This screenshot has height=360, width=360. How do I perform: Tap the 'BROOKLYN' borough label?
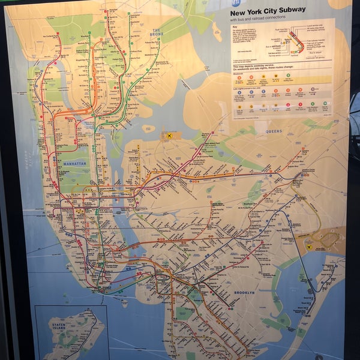[x=244, y=292]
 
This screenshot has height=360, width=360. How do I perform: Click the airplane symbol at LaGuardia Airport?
[x=170, y=136]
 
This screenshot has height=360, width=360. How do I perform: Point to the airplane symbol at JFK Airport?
[x=311, y=247]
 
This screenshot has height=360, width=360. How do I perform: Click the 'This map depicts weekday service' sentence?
[x=258, y=68]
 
